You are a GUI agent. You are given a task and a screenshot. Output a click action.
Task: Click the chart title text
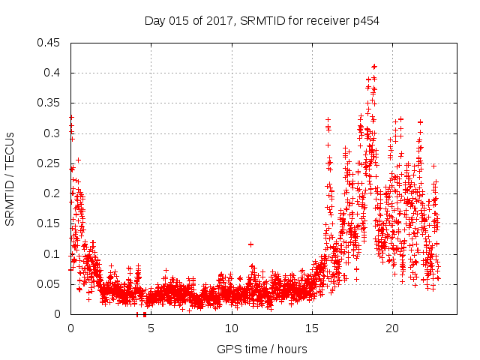(x=262, y=21)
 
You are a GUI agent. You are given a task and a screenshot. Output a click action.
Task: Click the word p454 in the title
(x=365, y=21)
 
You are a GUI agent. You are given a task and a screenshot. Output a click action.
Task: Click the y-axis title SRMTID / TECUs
(x=10, y=178)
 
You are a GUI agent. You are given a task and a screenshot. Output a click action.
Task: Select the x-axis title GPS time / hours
(x=262, y=349)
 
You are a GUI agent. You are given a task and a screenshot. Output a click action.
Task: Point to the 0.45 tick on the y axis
(x=49, y=43)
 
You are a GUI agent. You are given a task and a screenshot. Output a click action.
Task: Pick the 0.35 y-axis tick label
(x=49, y=103)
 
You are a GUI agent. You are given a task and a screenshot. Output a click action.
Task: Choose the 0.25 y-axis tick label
(x=49, y=163)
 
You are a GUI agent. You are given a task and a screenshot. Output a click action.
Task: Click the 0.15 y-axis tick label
(x=49, y=223)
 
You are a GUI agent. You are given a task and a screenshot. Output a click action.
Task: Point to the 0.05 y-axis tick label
(x=49, y=284)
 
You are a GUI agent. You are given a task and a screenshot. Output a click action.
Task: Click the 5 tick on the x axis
(x=151, y=328)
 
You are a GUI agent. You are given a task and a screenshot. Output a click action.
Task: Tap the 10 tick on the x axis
(x=232, y=328)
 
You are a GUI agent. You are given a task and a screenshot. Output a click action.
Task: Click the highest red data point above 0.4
(x=374, y=67)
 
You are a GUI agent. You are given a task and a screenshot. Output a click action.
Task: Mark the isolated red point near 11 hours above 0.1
(x=250, y=244)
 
